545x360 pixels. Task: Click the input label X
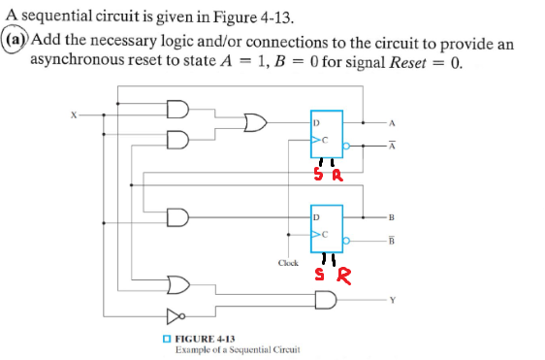coord(71,114)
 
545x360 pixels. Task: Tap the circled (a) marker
coord(15,43)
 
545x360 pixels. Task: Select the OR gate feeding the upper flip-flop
coord(255,124)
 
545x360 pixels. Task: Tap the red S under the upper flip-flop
coord(317,177)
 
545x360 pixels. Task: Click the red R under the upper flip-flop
coord(337,177)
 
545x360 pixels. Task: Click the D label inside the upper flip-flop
coord(315,124)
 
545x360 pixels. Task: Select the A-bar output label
coord(391,147)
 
